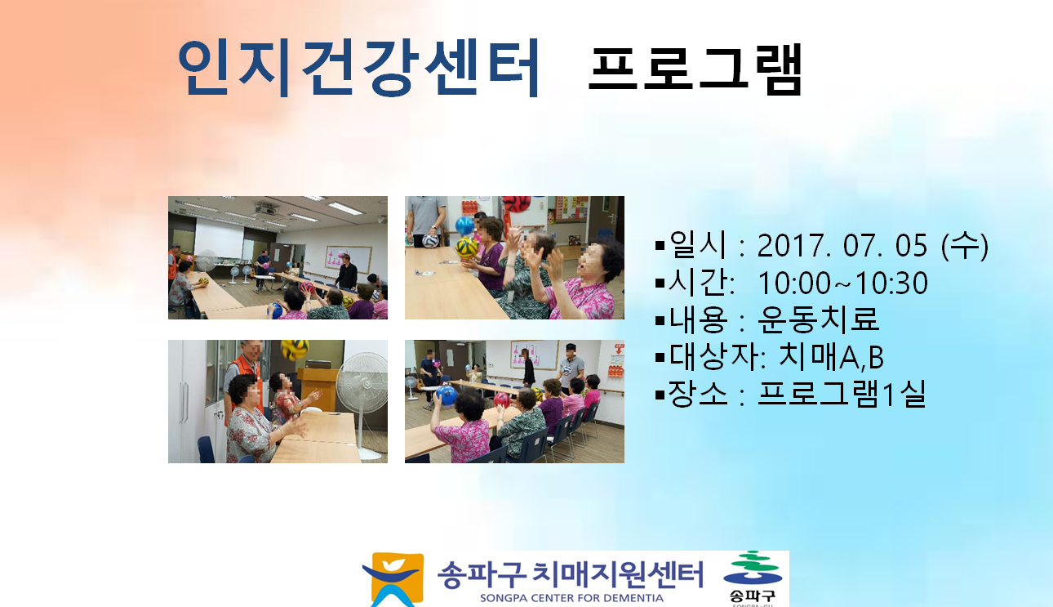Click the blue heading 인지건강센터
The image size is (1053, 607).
click(358, 68)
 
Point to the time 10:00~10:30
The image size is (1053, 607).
click(843, 283)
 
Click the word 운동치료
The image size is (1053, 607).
click(818, 319)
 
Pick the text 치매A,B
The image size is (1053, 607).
click(831, 356)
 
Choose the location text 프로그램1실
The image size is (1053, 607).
click(842, 394)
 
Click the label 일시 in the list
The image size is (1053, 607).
click(698, 245)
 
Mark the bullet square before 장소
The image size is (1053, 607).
click(660, 395)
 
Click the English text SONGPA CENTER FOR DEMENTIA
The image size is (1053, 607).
click(571, 598)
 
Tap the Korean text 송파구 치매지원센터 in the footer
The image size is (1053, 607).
click(571, 574)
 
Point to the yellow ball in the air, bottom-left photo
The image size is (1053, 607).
click(295, 349)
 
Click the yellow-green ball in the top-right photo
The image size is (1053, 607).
click(466, 248)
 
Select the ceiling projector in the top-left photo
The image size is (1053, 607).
click(266, 208)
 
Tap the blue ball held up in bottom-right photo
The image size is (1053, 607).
click(447, 395)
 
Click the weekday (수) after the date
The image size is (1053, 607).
click(965, 245)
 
